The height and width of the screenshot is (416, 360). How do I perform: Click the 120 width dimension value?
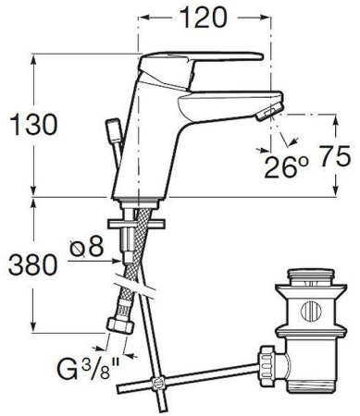point(205,17)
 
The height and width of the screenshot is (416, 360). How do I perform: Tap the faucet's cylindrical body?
point(139,148)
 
